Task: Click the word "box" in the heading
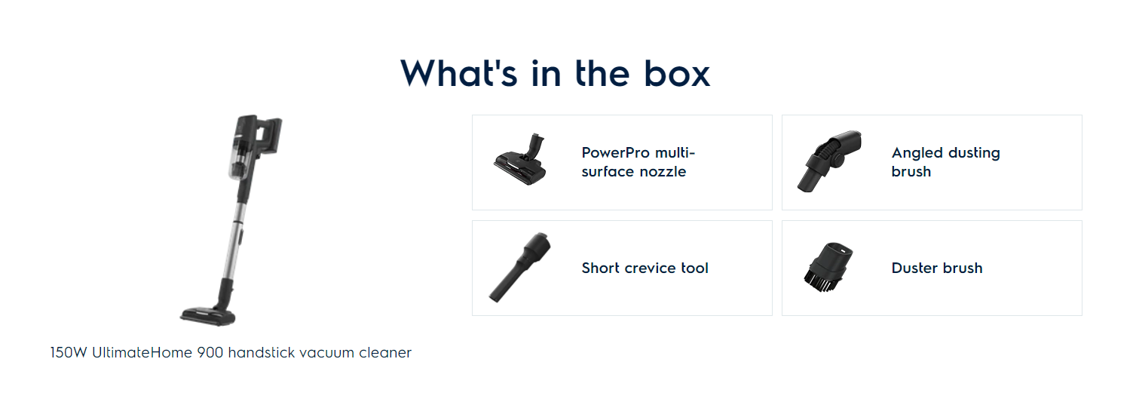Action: tap(677, 74)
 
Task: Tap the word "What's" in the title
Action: tap(459, 74)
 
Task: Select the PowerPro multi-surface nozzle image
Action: tap(520, 159)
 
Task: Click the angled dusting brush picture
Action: tap(830, 161)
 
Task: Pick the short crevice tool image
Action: tap(520, 268)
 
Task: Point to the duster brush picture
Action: tap(828, 268)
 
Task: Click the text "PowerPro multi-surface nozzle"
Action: tap(638, 162)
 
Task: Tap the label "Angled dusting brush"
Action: tap(946, 162)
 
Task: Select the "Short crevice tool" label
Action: tap(645, 268)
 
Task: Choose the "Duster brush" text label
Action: tap(937, 268)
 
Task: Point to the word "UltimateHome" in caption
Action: tap(142, 353)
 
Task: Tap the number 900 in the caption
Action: tap(210, 353)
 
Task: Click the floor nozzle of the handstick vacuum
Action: tap(208, 316)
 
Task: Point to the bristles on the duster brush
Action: tap(819, 281)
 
